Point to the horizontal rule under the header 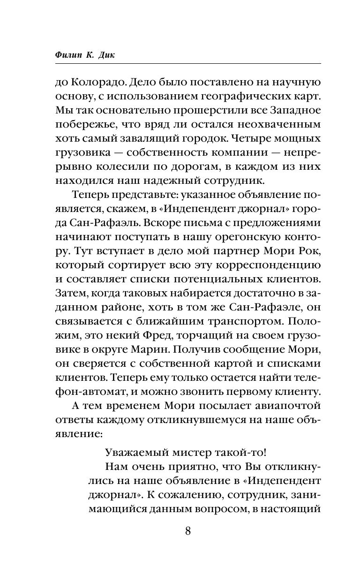pyautogui.click(x=180, y=63)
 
